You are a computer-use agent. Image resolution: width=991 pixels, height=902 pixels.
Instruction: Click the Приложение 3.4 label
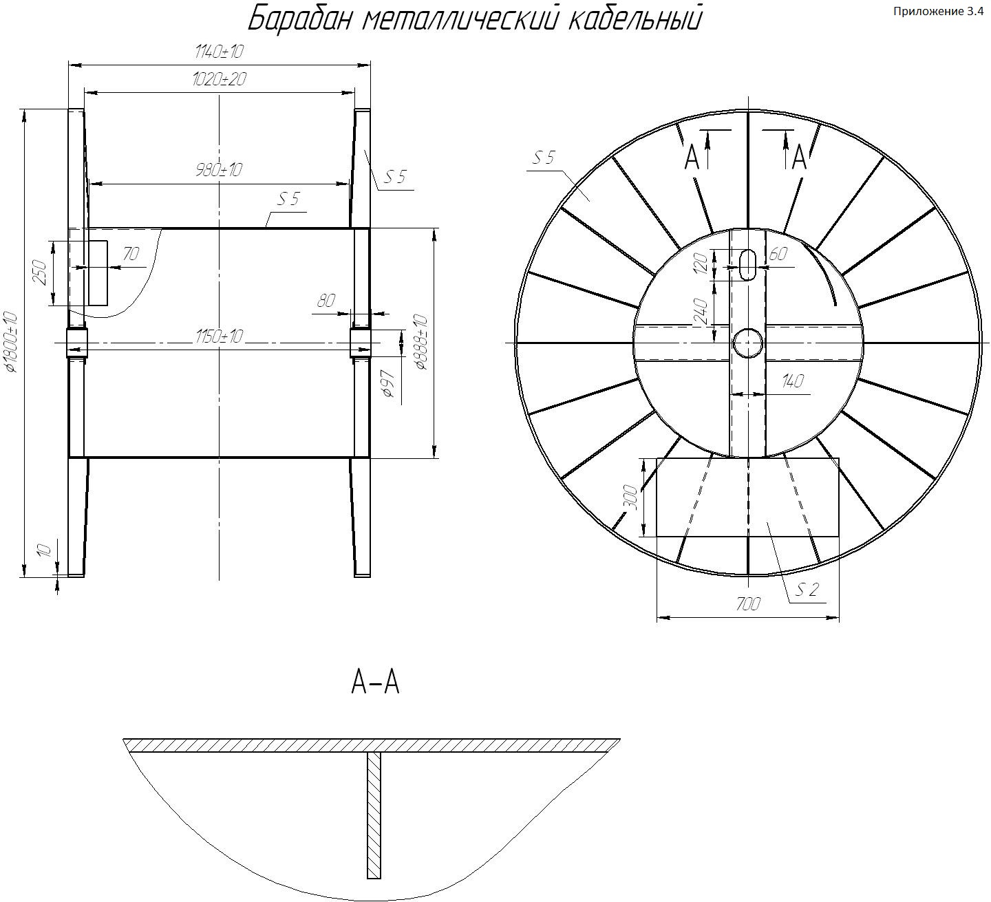[938, 12]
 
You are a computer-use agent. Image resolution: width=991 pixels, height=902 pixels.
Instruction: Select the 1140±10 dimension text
[220, 52]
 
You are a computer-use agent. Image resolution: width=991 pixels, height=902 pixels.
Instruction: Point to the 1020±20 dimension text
[220, 79]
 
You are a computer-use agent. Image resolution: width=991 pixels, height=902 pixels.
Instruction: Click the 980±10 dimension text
[219, 170]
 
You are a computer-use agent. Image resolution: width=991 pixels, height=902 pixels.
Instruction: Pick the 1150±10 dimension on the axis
[220, 336]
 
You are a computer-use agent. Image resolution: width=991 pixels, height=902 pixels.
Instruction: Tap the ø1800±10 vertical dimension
[11, 343]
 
